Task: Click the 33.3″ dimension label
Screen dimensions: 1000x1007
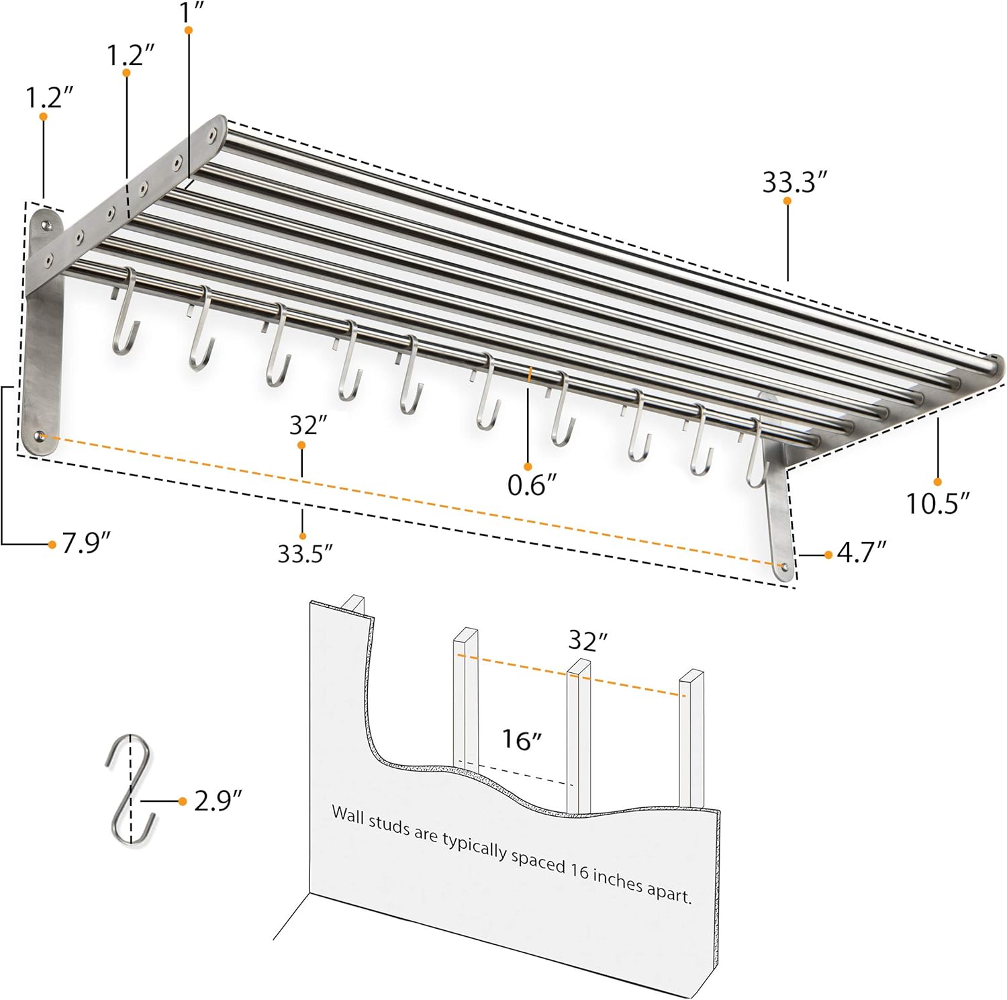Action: pyautogui.click(x=794, y=182)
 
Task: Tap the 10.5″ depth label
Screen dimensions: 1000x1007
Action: pyautogui.click(x=938, y=503)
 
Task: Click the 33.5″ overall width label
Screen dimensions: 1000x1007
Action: pyautogui.click(x=305, y=554)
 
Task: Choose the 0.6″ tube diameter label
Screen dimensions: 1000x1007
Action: pyautogui.click(x=532, y=484)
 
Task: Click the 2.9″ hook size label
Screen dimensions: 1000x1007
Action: pyautogui.click(x=218, y=800)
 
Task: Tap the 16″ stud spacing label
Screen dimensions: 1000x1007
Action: pyautogui.click(x=522, y=739)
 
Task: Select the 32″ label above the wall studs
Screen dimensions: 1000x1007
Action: pyautogui.click(x=587, y=641)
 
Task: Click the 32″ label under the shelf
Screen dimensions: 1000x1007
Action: pyautogui.click(x=308, y=425)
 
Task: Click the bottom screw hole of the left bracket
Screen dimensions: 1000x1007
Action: pyautogui.click(x=42, y=437)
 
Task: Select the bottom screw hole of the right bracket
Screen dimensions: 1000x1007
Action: pyautogui.click(x=781, y=567)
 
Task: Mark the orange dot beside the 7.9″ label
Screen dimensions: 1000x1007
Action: pyautogui.click(x=52, y=544)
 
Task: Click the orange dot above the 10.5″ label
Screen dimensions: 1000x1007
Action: pyautogui.click(x=937, y=482)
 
